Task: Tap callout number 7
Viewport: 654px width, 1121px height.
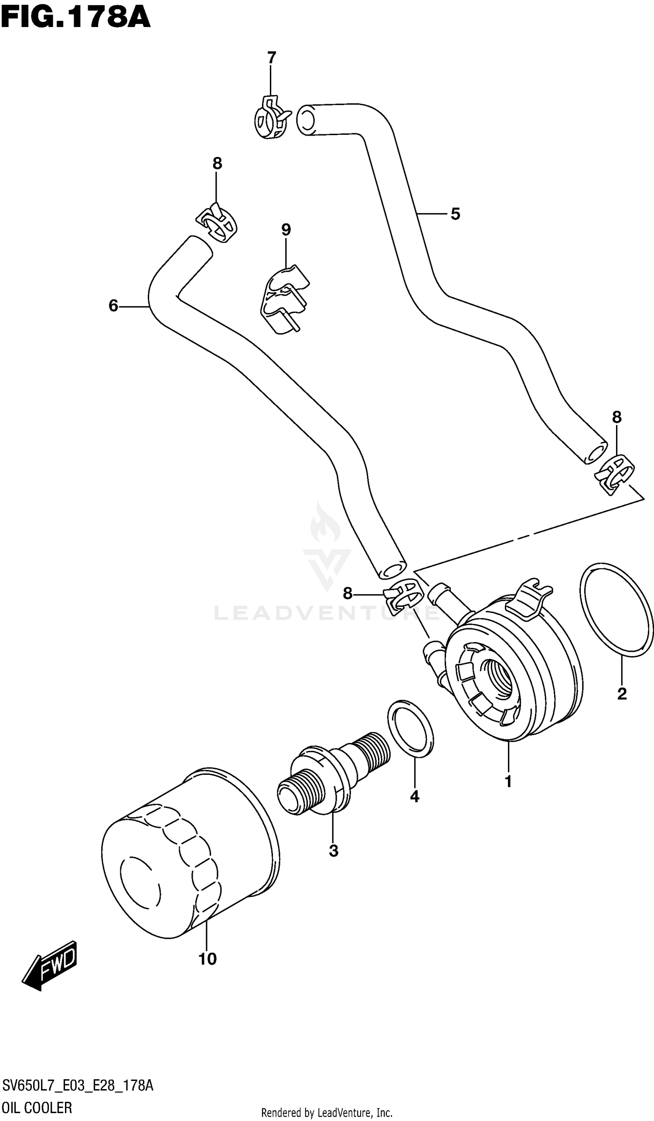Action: click(271, 58)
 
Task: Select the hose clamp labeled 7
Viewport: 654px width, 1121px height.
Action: click(270, 118)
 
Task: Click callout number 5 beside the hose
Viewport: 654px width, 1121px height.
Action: click(455, 214)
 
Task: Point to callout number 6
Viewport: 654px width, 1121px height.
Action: click(113, 306)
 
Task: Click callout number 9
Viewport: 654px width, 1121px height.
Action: click(286, 230)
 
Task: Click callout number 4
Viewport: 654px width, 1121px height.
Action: click(414, 796)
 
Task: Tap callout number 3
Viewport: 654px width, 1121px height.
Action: click(334, 851)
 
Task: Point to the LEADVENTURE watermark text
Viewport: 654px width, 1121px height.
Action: click(327, 613)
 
